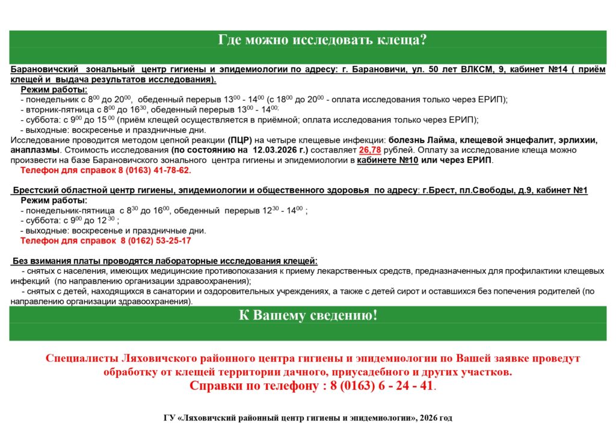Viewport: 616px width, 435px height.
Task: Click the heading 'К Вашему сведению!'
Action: click(x=307, y=315)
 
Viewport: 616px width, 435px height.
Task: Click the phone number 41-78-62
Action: click(x=170, y=171)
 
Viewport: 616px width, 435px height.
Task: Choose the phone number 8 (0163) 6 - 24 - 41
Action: click(x=381, y=386)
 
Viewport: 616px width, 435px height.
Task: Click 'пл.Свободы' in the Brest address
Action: click(x=492, y=190)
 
